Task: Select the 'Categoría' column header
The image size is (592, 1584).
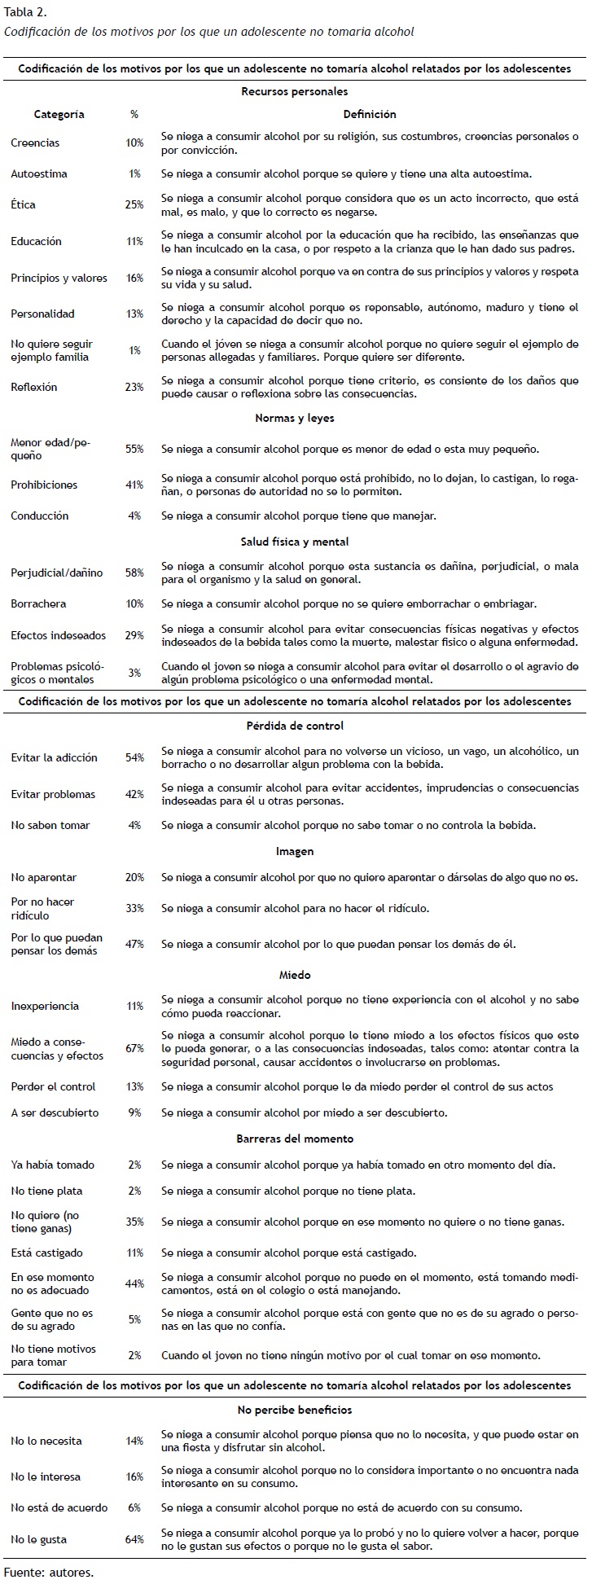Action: [x=59, y=115]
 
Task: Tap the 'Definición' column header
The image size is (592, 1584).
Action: [x=369, y=115]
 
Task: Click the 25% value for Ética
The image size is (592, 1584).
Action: [x=134, y=205]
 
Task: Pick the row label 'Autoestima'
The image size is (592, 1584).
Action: [x=39, y=173]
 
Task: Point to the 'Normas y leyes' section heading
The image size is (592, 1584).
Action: [x=294, y=418]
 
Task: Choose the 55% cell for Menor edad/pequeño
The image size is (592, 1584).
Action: [x=134, y=449]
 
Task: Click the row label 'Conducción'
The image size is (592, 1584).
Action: [x=40, y=516]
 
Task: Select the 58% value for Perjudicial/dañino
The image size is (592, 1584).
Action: [x=134, y=573]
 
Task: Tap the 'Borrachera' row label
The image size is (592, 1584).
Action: [x=38, y=603]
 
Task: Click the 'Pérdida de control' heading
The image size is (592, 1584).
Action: [x=294, y=726]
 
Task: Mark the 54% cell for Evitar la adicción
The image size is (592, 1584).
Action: [x=134, y=757]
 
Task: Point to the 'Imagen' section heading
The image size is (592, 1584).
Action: [x=294, y=851]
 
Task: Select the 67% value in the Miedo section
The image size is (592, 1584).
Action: [x=134, y=1049]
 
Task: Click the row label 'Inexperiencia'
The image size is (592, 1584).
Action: [x=45, y=1006]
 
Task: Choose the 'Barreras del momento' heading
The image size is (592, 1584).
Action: [x=294, y=1139]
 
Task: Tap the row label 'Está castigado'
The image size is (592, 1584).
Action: [x=46, y=1253]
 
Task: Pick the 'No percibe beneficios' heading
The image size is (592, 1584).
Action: [x=294, y=1410]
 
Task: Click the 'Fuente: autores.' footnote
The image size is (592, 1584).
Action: [x=49, y=1572]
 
